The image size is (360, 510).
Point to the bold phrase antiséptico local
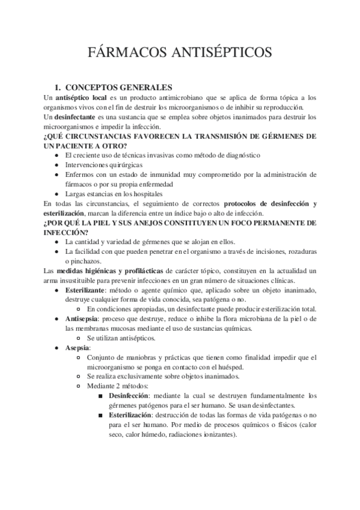[x=82, y=97]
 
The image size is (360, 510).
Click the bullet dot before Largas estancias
[x=56, y=194]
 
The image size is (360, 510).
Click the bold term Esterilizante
[x=90, y=290]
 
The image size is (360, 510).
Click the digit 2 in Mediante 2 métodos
[x=123, y=386]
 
